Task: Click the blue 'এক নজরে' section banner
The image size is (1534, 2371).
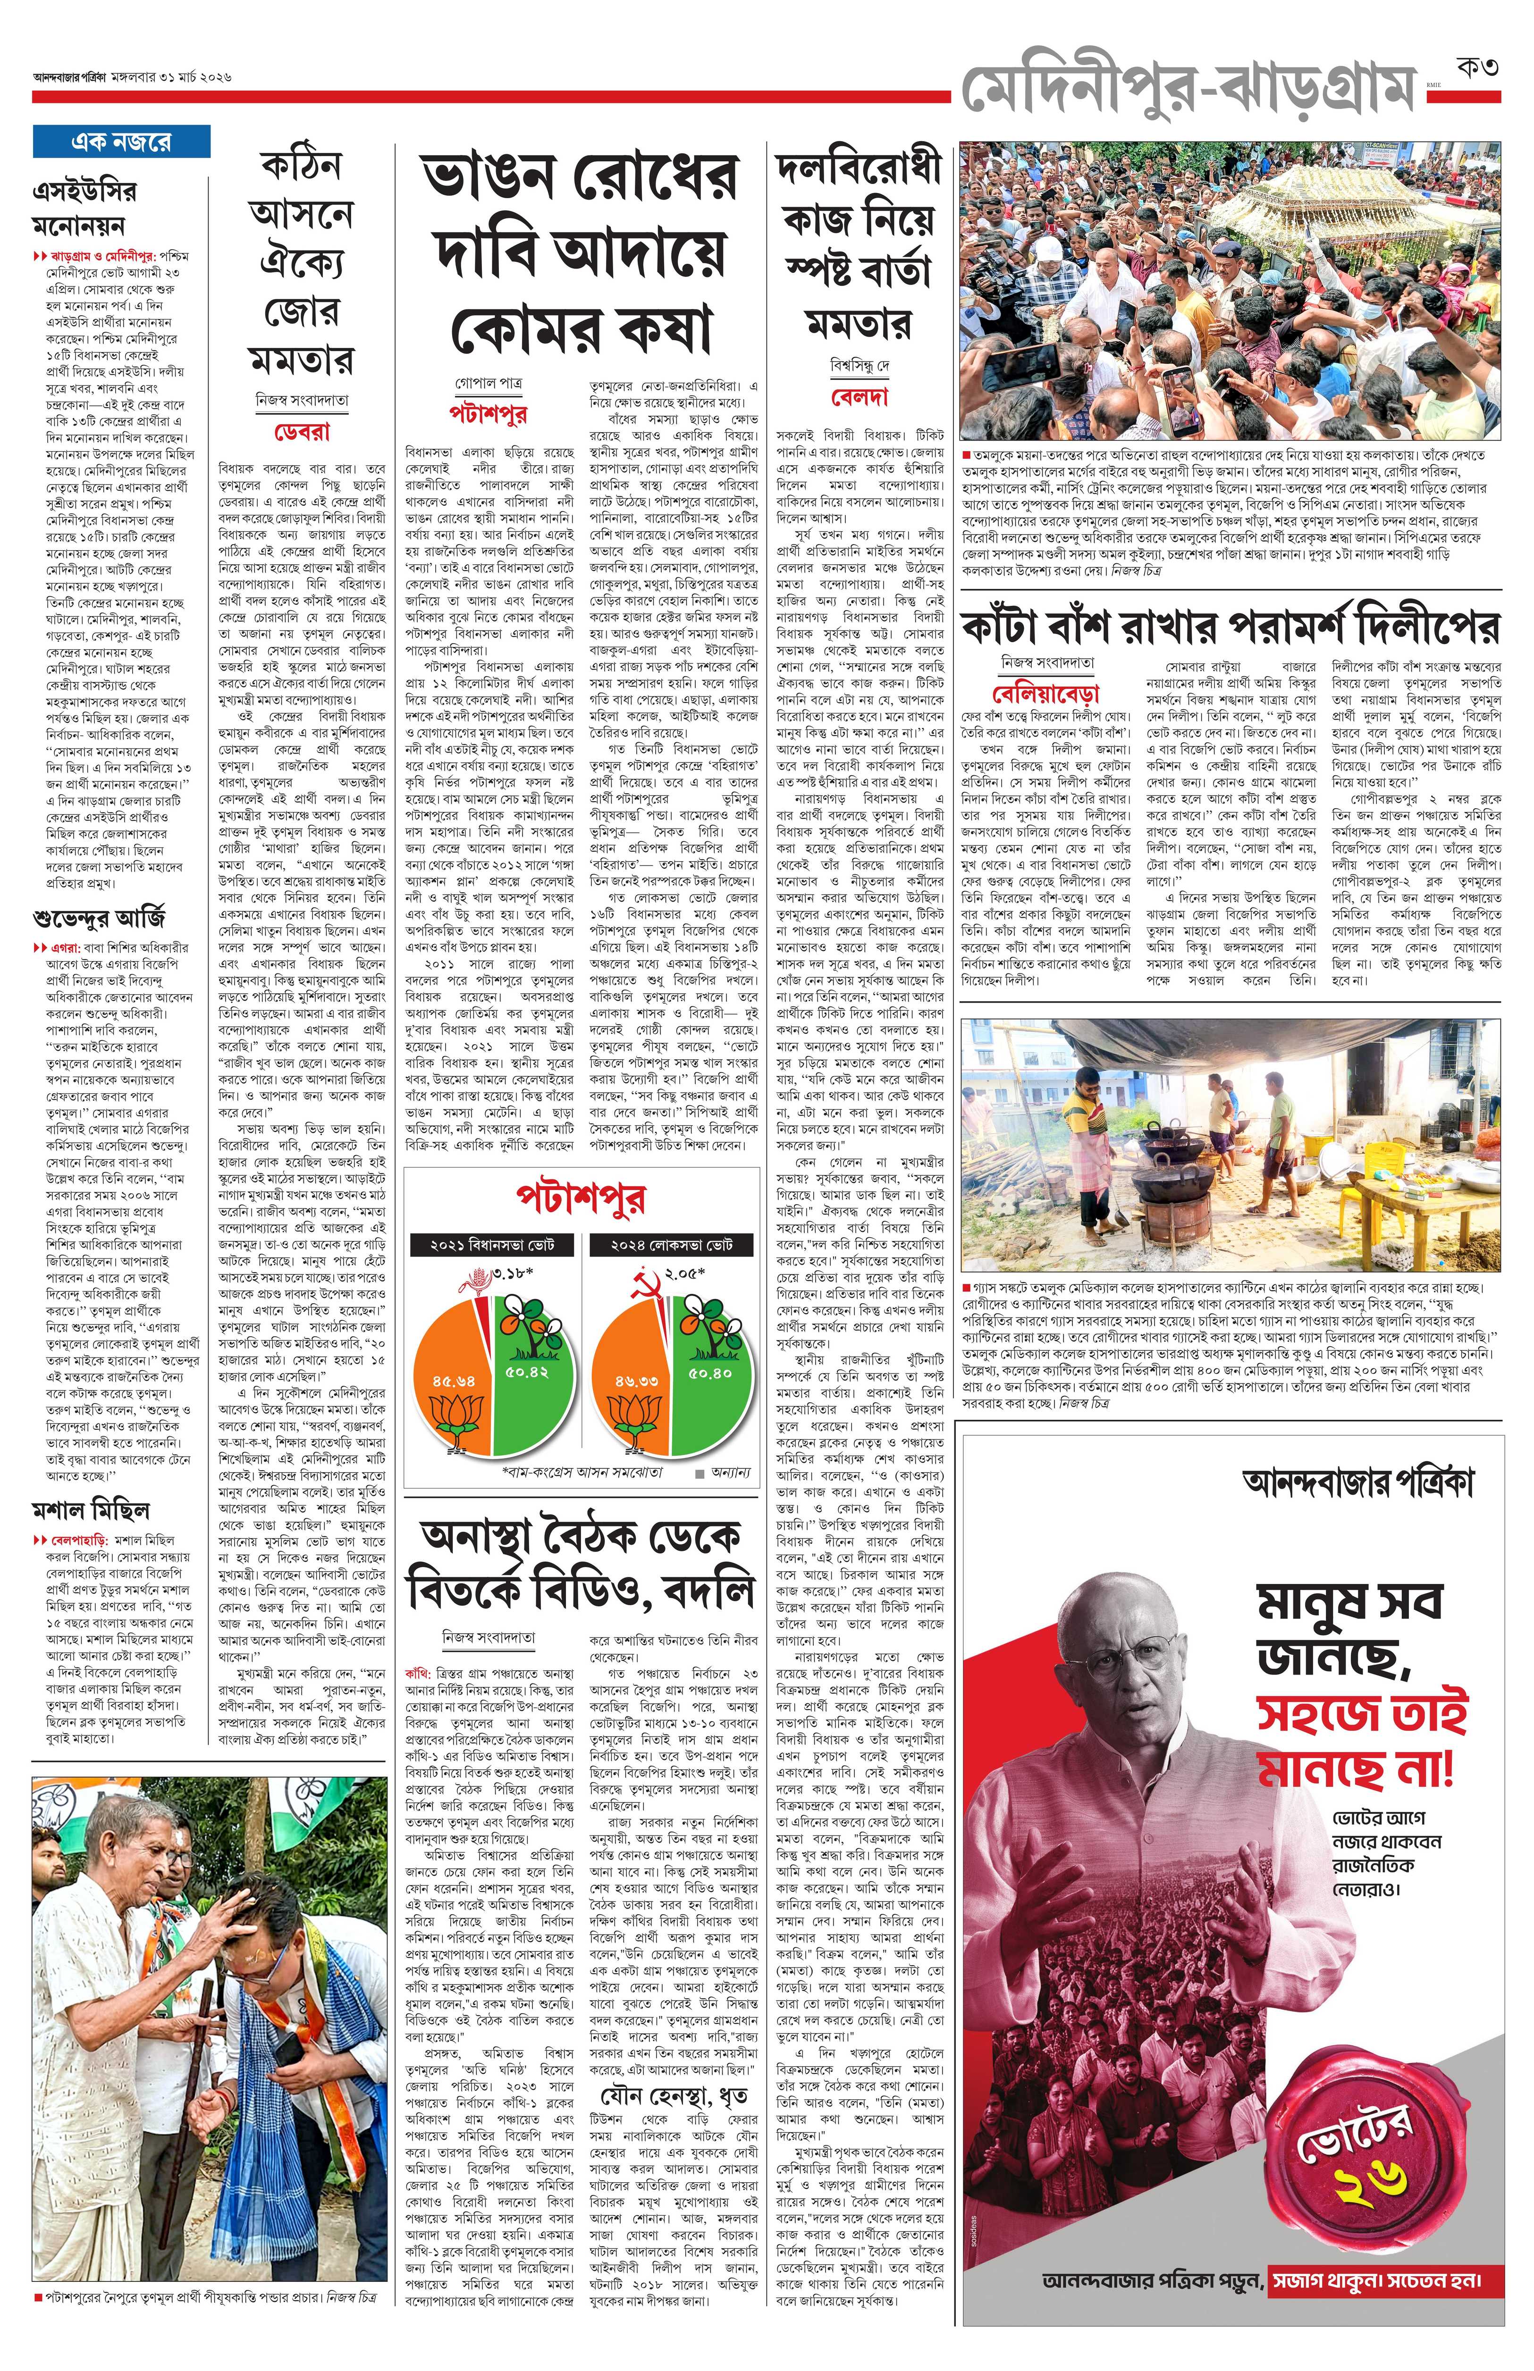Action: [121, 142]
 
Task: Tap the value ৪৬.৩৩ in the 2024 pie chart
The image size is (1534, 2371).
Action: [635, 1381]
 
